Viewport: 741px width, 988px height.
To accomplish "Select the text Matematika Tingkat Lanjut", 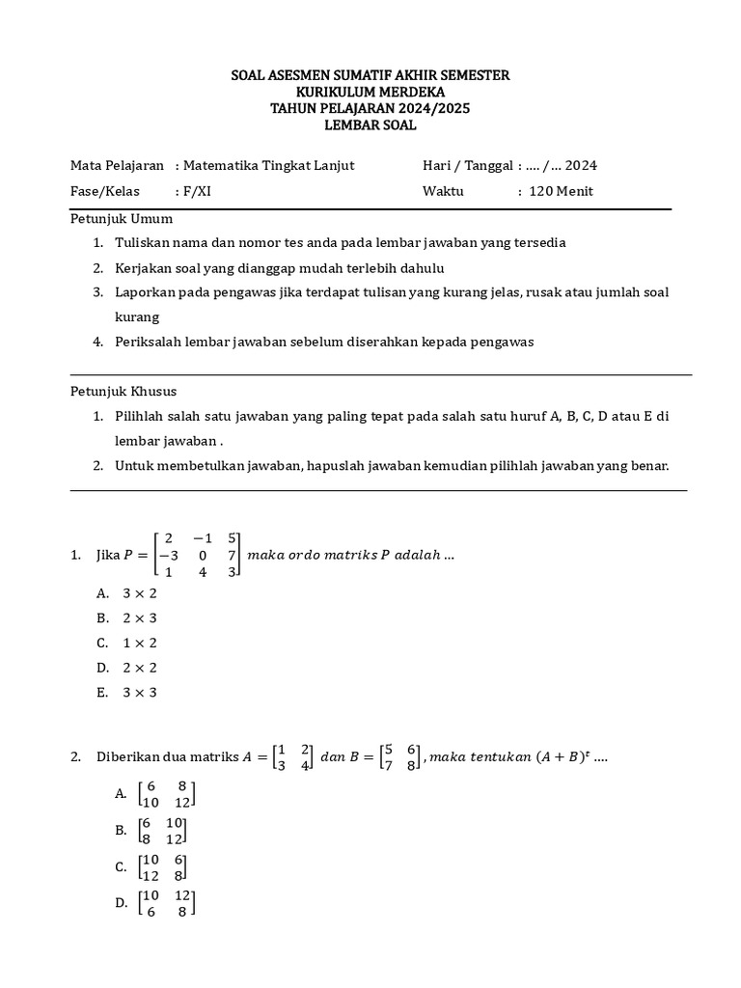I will click(268, 165).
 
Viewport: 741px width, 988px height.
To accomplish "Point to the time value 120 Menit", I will click(561, 191).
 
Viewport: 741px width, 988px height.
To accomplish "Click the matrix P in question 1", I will click(200, 555).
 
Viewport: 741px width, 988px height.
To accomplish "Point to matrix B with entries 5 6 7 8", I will click(400, 757).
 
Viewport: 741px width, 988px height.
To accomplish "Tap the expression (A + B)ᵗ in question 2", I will click(560, 757).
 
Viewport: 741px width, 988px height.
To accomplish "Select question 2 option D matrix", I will click(166, 903).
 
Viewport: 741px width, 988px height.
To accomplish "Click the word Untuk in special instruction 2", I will click(132, 465).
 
